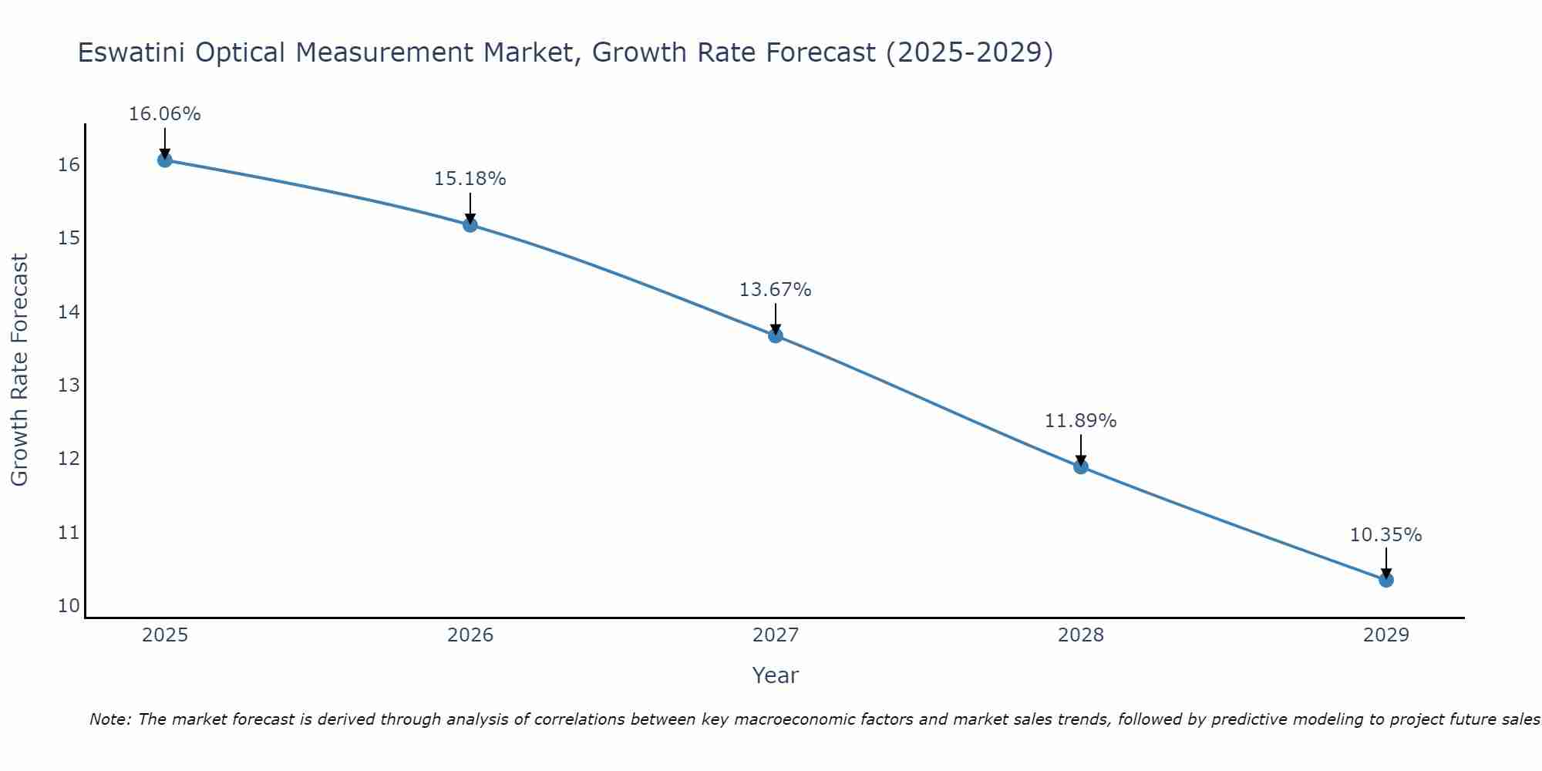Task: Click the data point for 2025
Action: click(164, 160)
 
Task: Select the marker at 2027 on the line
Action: click(776, 335)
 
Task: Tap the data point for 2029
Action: click(1385, 580)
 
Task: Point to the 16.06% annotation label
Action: click(164, 114)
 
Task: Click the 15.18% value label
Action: click(470, 179)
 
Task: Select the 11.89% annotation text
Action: click(1080, 421)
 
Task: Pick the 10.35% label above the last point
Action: click(1385, 535)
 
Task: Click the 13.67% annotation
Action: click(775, 290)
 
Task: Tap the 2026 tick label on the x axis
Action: click(470, 635)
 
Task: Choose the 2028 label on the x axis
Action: click(1080, 635)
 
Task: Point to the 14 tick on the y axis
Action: click(69, 312)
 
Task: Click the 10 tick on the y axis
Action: click(69, 606)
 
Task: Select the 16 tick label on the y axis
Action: click(69, 165)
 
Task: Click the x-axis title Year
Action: click(775, 675)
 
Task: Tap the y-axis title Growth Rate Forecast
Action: click(19, 370)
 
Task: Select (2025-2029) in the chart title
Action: click(969, 52)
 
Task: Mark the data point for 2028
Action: click(1080, 466)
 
